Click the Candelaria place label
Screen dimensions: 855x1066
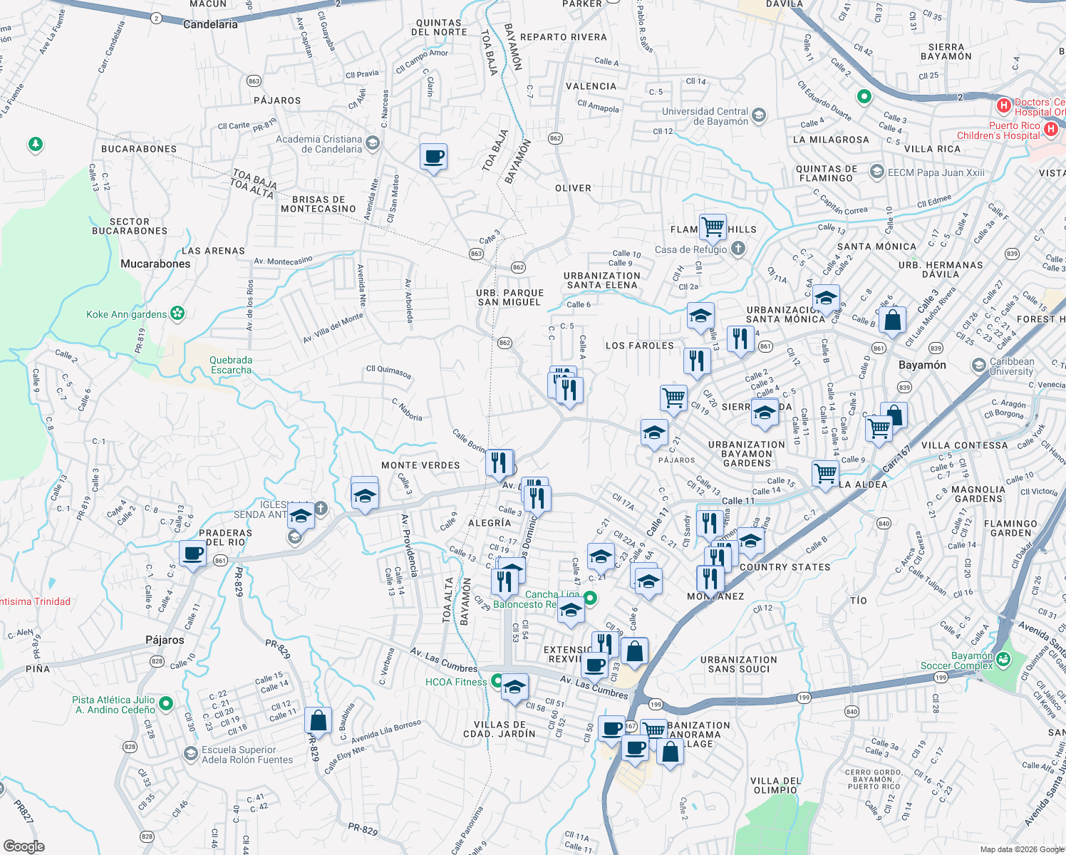210,24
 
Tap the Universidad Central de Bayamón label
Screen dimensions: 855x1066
705,116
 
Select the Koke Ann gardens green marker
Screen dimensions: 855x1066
177,313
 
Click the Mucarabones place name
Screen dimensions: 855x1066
155,264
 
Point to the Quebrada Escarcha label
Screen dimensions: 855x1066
231,365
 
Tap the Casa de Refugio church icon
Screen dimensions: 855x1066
738,249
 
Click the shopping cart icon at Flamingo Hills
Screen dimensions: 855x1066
713,227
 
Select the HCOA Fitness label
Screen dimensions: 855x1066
456,682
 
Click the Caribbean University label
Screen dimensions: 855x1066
1011,366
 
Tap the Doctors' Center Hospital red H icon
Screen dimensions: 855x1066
1004,106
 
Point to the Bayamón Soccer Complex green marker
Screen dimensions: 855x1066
1004,659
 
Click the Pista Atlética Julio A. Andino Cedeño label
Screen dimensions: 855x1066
114,705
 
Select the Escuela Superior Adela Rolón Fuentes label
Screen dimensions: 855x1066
247,755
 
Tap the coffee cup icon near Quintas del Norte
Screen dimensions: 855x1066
433,156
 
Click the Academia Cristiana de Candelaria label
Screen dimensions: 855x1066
319,144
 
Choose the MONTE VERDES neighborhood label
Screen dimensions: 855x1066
420,465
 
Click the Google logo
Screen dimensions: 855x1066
24,846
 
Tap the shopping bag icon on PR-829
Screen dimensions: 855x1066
318,720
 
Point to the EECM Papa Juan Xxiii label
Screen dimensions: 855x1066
936,172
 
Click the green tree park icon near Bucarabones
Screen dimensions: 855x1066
35,145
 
